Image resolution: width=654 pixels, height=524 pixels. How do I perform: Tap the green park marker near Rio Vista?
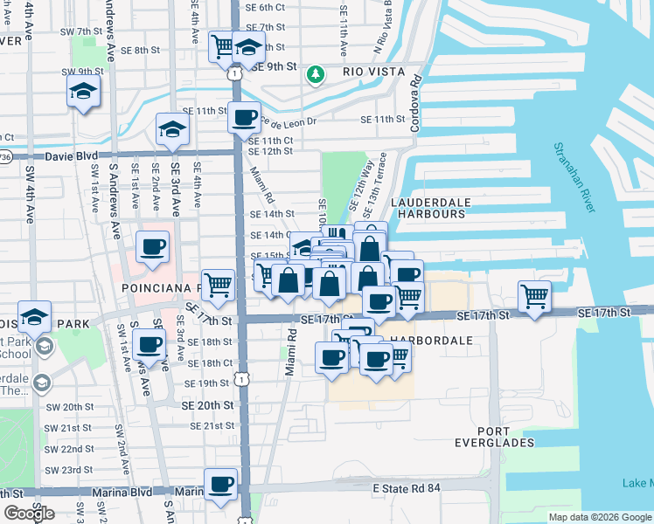click(316, 76)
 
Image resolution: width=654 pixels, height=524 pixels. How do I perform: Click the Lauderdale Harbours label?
click(428, 207)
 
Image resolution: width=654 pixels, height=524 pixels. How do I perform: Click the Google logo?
click(29, 513)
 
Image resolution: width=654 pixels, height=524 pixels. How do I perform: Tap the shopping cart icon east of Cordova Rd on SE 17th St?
click(533, 295)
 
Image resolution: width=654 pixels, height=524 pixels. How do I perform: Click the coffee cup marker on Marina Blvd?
click(220, 483)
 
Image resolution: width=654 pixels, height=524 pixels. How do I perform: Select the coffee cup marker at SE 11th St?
click(244, 116)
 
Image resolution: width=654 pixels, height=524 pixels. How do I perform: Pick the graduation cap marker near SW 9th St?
click(83, 90)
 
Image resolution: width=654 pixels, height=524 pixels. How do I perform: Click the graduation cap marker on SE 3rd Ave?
click(172, 129)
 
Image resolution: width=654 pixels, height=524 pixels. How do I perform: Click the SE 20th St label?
click(207, 406)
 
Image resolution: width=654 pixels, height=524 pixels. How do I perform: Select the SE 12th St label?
click(270, 151)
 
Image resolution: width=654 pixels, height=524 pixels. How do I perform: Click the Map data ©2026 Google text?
click(598, 517)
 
